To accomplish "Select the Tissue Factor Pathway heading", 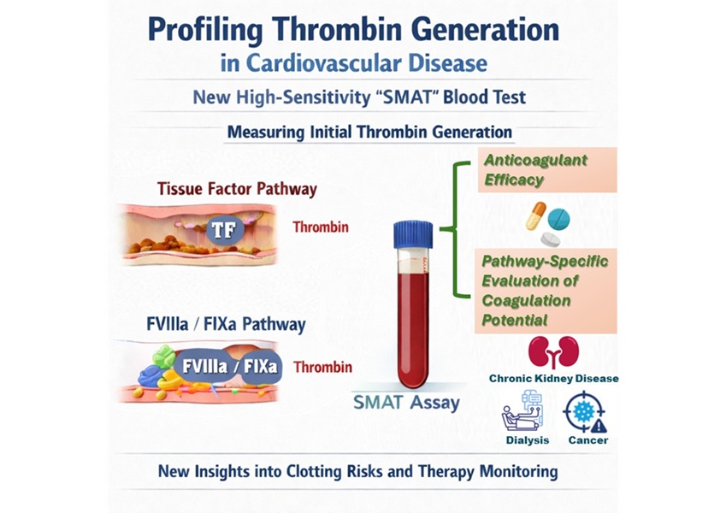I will point(225,189).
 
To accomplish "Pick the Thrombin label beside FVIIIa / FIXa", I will point(322,368).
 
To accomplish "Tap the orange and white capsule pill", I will point(536,215).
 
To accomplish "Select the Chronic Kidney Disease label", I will point(553,378).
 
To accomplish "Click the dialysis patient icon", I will point(522,412).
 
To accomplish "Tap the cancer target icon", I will point(584,413).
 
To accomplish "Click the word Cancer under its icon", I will point(586,441).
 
